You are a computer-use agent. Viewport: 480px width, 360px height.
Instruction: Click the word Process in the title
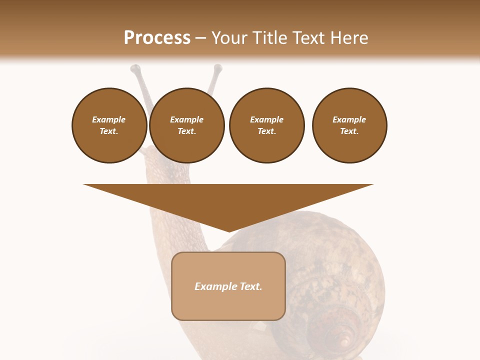(157, 38)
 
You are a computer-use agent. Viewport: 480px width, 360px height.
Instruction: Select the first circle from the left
(109, 125)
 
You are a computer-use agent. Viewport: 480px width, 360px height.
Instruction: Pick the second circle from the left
(186, 125)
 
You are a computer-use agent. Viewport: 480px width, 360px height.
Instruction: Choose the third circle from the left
(266, 125)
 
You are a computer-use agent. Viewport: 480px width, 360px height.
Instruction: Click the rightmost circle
(349, 125)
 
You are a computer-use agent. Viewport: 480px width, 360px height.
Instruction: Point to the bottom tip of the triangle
(229, 231)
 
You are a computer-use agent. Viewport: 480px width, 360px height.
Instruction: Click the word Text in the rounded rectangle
(251, 286)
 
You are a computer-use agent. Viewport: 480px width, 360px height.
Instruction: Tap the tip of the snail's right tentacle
(218, 67)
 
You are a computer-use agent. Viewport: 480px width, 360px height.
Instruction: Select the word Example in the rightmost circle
(349, 119)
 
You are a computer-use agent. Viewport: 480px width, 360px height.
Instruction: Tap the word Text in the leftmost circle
(108, 131)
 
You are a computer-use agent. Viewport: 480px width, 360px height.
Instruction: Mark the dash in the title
(201, 38)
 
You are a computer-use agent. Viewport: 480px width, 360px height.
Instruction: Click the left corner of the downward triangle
(84, 184)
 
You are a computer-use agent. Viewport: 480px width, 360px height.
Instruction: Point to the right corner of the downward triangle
(373, 184)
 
